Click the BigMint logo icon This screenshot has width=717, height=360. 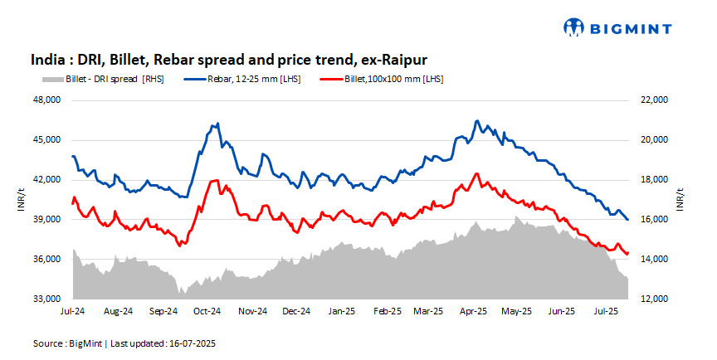574,28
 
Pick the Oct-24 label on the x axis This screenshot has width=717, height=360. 207,313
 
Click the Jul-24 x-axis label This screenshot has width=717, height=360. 73,313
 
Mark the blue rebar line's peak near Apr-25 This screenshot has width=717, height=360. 476,121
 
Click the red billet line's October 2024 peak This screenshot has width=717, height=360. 215,180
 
